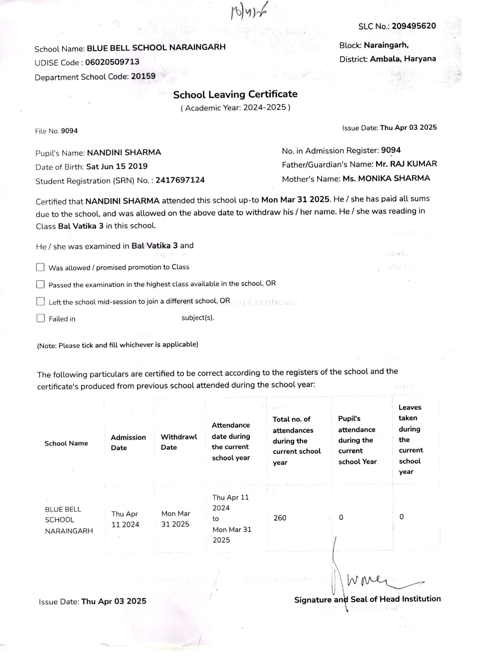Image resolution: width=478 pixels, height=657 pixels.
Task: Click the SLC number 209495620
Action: coord(414,26)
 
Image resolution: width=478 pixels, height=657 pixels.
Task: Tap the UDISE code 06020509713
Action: coord(112,62)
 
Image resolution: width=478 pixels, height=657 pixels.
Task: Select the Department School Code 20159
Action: coord(143,76)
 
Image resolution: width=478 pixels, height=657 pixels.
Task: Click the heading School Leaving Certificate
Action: coord(235,94)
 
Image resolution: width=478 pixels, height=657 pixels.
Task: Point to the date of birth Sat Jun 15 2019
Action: coord(117,166)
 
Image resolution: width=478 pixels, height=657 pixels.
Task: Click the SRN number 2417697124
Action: coord(180,180)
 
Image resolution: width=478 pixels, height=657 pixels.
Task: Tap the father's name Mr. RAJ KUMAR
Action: coord(406,164)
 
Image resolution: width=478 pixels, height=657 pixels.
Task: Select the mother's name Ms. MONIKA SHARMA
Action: coord(386,178)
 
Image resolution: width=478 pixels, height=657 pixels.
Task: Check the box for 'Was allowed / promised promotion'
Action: coord(40,267)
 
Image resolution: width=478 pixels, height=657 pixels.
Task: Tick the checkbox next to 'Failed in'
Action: coord(40,318)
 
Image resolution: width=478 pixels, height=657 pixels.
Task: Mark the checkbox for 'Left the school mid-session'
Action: coord(40,302)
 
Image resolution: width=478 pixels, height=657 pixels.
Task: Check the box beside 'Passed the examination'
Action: coord(40,284)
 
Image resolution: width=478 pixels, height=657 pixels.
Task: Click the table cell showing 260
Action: coord(280,518)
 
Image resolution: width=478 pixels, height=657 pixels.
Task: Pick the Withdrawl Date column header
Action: coord(179,442)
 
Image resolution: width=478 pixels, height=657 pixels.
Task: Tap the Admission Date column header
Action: coord(128,442)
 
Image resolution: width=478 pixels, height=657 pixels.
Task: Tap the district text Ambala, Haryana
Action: coord(403,59)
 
